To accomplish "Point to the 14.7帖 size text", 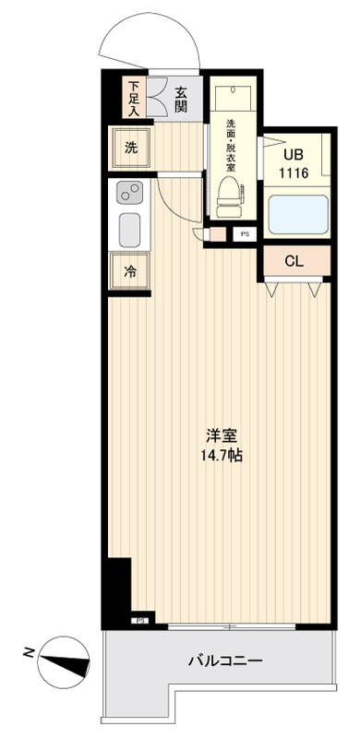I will (x=218, y=456).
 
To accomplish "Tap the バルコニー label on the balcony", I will (x=225, y=661).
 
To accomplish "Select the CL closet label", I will (x=294, y=261).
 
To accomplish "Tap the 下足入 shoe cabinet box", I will (x=135, y=97).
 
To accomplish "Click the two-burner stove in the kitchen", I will (x=128, y=194).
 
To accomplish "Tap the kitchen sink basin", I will (x=128, y=227).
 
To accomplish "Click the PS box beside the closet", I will (x=245, y=234).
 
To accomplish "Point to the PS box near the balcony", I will (x=142, y=621).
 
